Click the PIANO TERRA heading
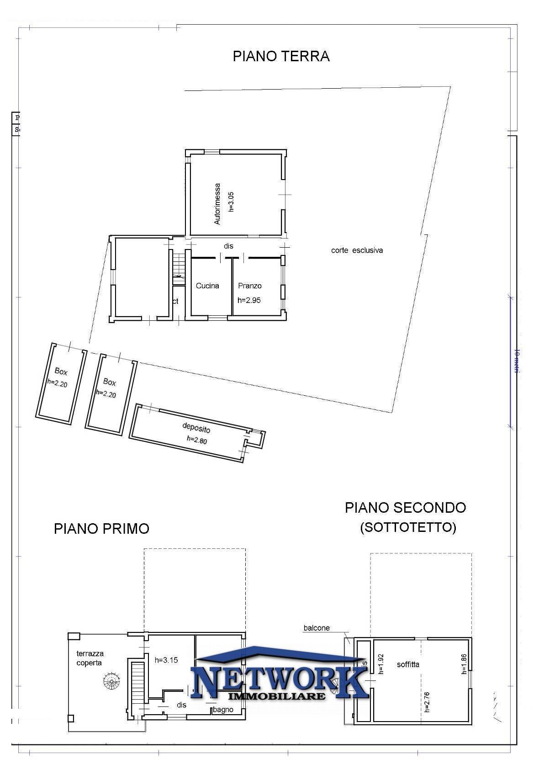coord(281,56)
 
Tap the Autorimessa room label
coord(217,204)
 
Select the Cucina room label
coord(207,286)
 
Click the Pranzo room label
coord(250,286)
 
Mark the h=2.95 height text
coord(249,300)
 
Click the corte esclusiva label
coord(357,250)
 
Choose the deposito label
coord(196,428)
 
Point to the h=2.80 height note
coord(197,440)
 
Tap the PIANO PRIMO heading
coord(101,528)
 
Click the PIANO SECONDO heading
coord(405,507)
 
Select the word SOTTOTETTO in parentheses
coord(408,527)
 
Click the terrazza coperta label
coord(90,658)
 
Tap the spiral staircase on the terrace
coord(111,682)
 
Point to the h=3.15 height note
coord(166,660)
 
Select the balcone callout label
coord(317,628)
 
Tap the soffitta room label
coord(408,664)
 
